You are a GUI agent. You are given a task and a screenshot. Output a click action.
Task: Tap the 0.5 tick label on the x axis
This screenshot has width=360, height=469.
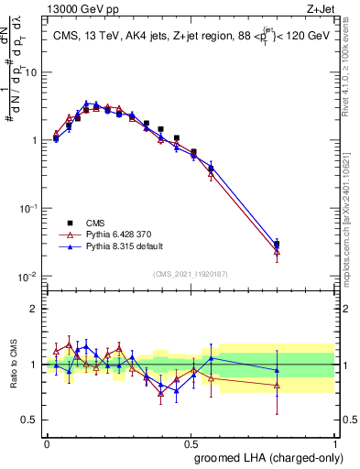pos(191,442)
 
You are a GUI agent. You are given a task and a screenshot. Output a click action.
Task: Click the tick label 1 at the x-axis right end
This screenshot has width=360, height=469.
pos(334,442)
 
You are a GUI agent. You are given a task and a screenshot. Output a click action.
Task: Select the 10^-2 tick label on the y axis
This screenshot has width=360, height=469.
pos(31,277)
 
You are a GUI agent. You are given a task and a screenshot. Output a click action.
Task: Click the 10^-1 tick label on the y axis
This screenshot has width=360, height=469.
pos(31,209)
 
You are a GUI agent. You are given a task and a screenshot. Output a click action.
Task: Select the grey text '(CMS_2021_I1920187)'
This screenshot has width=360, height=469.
pos(190,273)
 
